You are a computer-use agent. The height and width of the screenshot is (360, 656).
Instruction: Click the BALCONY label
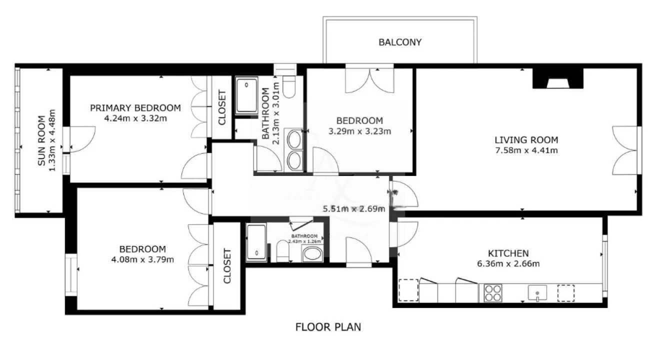[399, 42]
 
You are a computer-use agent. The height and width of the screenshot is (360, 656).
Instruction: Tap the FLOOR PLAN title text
[328, 327]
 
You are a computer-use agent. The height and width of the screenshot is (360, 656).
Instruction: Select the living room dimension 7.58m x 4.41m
[526, 150]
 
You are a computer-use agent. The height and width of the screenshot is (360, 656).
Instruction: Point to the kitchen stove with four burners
[493, 293]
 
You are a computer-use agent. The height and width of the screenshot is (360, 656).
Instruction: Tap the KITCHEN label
[508, 253]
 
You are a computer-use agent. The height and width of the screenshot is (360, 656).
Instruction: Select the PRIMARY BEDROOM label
[135, 108]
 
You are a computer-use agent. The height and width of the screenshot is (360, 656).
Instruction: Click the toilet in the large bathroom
[289, 86]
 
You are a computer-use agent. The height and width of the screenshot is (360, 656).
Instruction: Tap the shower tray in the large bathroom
[246, 95]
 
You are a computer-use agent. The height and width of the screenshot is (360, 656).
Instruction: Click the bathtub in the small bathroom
[256, 242]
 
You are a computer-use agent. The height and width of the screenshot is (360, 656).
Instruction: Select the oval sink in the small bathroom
[313, 254]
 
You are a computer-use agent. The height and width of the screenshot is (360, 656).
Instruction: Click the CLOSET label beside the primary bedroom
[222, 107]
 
